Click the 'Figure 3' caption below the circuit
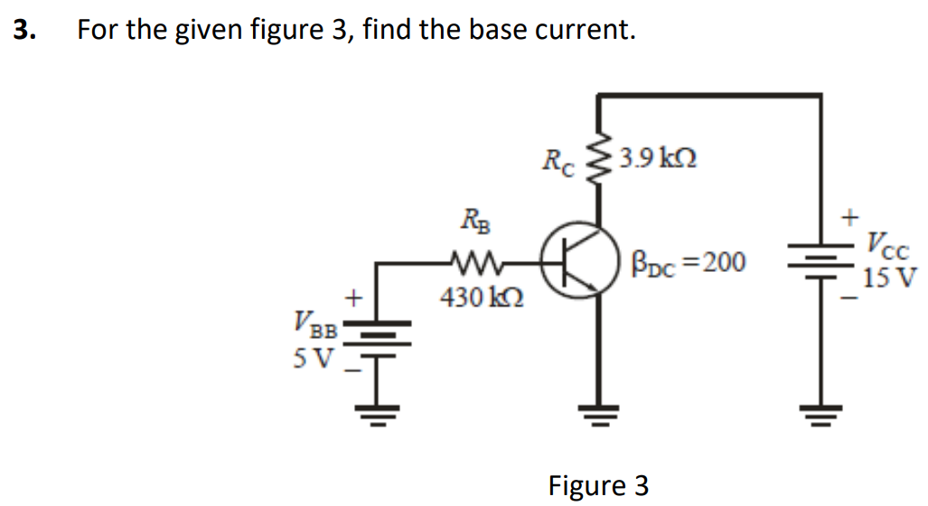pos(598,485)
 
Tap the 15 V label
pos(889,276)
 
